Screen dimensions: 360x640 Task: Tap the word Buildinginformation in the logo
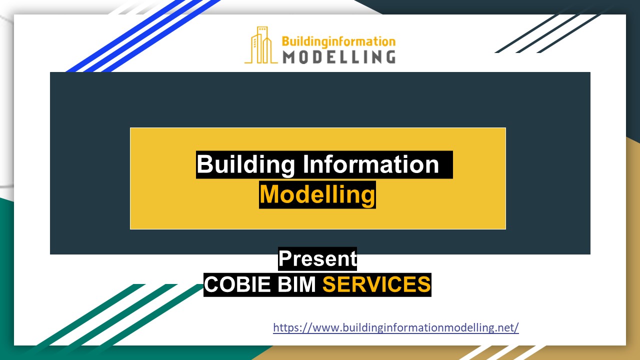point(338,41)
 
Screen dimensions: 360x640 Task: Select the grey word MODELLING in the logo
point(338,56)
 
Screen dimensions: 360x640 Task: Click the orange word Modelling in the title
point(317,194)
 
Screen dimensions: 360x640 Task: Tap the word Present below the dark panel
point(317,259)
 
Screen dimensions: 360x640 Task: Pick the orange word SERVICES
point(376,284)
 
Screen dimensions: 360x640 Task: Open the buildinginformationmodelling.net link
point(395,328)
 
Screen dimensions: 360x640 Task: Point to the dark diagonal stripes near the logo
point(550,32)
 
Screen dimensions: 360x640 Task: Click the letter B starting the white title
point(205,164)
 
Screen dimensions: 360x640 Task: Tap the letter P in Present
point(285,259)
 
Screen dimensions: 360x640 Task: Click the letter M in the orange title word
point(270,194)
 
